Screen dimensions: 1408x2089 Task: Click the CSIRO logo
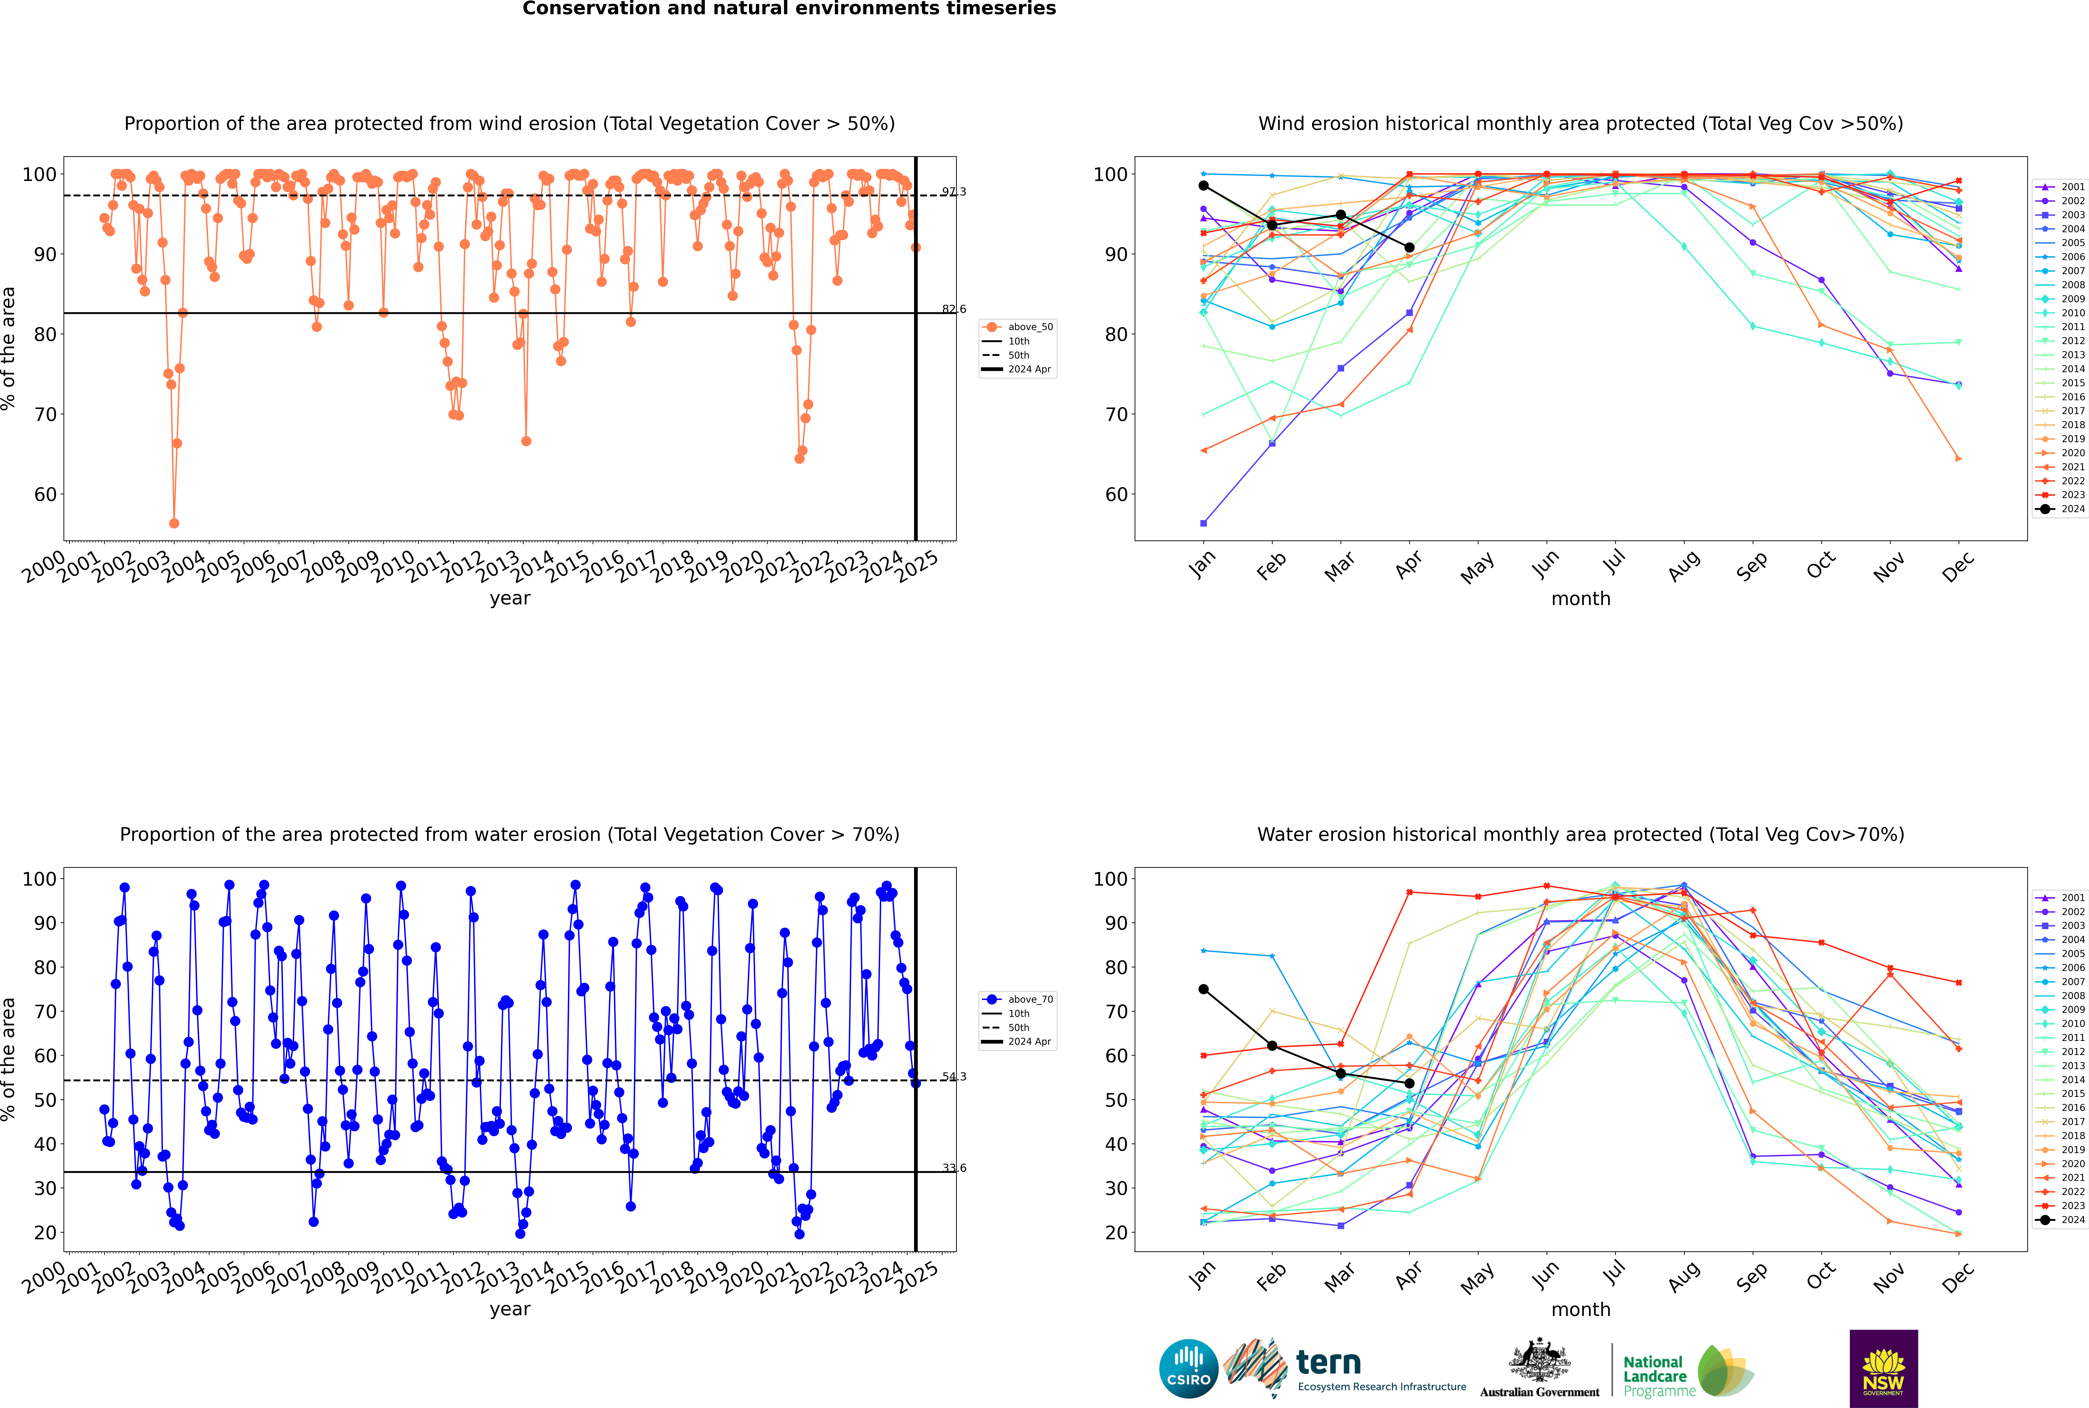tap(1188, 1369)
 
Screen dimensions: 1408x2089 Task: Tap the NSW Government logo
tap(1883, 1368)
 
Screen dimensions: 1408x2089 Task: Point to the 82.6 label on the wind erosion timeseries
tap(954, 309)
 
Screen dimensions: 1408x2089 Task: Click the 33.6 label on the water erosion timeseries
tap(954, 1168)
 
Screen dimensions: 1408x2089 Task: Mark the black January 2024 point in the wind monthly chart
tap(1204, 186)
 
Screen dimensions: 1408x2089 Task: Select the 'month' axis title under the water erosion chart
tap(1581, 1309)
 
